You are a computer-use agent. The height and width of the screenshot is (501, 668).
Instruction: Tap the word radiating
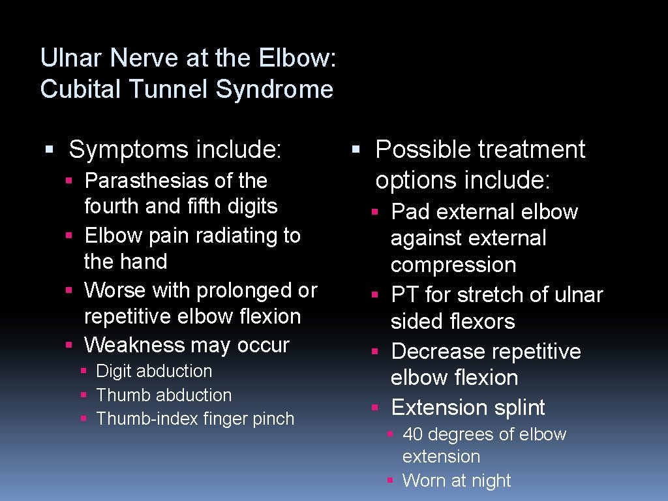click(x=237, y=235)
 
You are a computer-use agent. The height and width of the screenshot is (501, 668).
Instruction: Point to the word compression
click(x=453, y=266)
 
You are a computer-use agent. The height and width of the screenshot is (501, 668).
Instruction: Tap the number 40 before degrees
click(x=413, y=434)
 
